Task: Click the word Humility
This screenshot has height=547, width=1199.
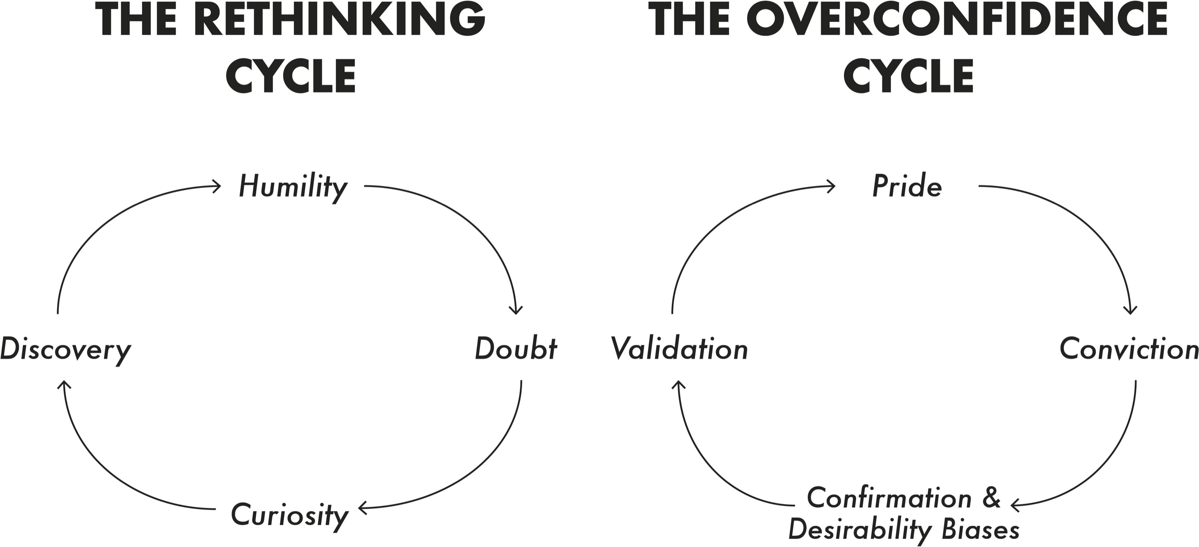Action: (293, 187)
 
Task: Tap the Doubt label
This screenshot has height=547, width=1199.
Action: (516, 349)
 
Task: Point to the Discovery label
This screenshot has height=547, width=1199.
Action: (66, 350)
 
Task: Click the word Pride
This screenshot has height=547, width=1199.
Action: (907, 187)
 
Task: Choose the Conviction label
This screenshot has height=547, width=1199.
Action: (1129, 349)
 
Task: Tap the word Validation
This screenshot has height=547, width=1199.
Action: (679, 349)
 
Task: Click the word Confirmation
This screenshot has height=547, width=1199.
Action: (889, 498)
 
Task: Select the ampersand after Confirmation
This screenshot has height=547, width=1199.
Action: (991, 497)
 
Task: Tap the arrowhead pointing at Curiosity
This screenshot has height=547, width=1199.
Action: (362, 508)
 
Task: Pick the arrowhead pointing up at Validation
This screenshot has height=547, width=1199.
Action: (679, 384)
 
